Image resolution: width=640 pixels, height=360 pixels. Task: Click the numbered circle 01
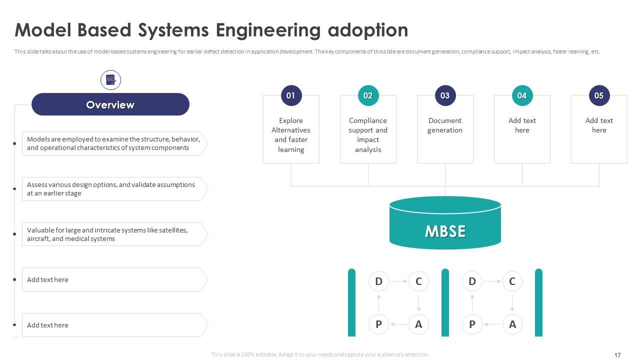[x=291, y=95]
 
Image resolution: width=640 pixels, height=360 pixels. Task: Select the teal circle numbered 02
[x=368, y=95]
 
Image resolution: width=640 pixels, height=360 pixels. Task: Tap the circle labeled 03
[x=445, y=95]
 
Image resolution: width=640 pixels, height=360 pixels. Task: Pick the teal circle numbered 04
[x=522, y=95]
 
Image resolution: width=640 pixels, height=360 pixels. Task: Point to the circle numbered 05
[x=599, y=95]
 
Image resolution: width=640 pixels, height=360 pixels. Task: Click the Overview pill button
[x=110, y=104]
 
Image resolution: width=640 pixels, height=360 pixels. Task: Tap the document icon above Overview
[x=110, y=80]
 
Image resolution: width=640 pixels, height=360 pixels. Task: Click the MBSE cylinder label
[x=445, y=231]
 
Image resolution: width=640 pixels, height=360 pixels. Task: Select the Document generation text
[x=445, y=125]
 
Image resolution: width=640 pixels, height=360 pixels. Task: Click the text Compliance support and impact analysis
[x=368, y=135]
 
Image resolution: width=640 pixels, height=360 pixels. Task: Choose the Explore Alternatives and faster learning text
[x=291, y=135]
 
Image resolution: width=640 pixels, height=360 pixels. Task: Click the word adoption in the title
[x=368, y=30]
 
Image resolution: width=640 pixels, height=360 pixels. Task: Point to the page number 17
[x=617, y=355]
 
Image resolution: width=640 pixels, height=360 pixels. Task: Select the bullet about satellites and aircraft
[x=107, y=234]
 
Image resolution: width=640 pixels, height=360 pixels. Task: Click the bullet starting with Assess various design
[x=111, y=189]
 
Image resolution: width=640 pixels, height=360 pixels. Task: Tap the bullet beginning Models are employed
[x=113, y=143]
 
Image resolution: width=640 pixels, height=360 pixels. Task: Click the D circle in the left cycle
[x=378, y=281]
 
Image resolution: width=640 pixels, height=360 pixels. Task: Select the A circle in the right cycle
[x=512, y=324]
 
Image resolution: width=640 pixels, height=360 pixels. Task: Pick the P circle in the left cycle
[x=378, y=324]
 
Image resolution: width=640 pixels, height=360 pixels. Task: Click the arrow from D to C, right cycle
[x=492, y=281]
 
